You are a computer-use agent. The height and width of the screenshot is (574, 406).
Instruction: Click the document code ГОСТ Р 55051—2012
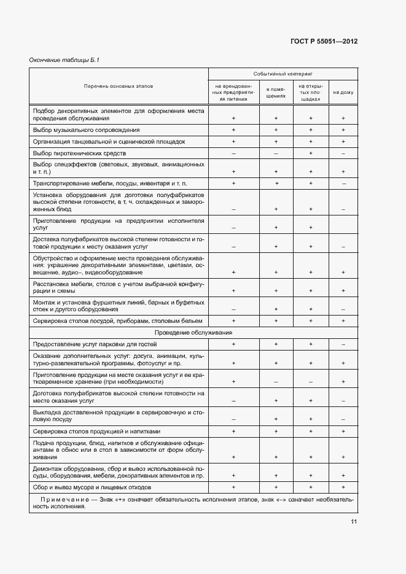click(324, 42)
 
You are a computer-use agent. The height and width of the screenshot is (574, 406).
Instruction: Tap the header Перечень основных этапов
click(119, 86)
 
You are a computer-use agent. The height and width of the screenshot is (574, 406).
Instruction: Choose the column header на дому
click(343, 92)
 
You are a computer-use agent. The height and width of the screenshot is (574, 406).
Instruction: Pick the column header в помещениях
click(276, 92)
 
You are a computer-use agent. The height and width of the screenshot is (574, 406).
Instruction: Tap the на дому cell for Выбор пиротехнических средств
click(343, 153)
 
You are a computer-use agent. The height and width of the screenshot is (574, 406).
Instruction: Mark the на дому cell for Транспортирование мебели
click(343, 184)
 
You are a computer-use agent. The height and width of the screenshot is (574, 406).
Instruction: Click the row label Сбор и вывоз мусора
click(92, 487)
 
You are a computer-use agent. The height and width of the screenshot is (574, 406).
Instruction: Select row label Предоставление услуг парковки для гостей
click(91, 344)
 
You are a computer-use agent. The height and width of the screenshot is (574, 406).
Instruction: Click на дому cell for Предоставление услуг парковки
click(343, 344)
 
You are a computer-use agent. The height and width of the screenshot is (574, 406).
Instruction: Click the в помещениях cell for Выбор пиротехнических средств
click(276, 153)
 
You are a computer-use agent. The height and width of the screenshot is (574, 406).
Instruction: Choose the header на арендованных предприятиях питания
click(233, 92)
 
